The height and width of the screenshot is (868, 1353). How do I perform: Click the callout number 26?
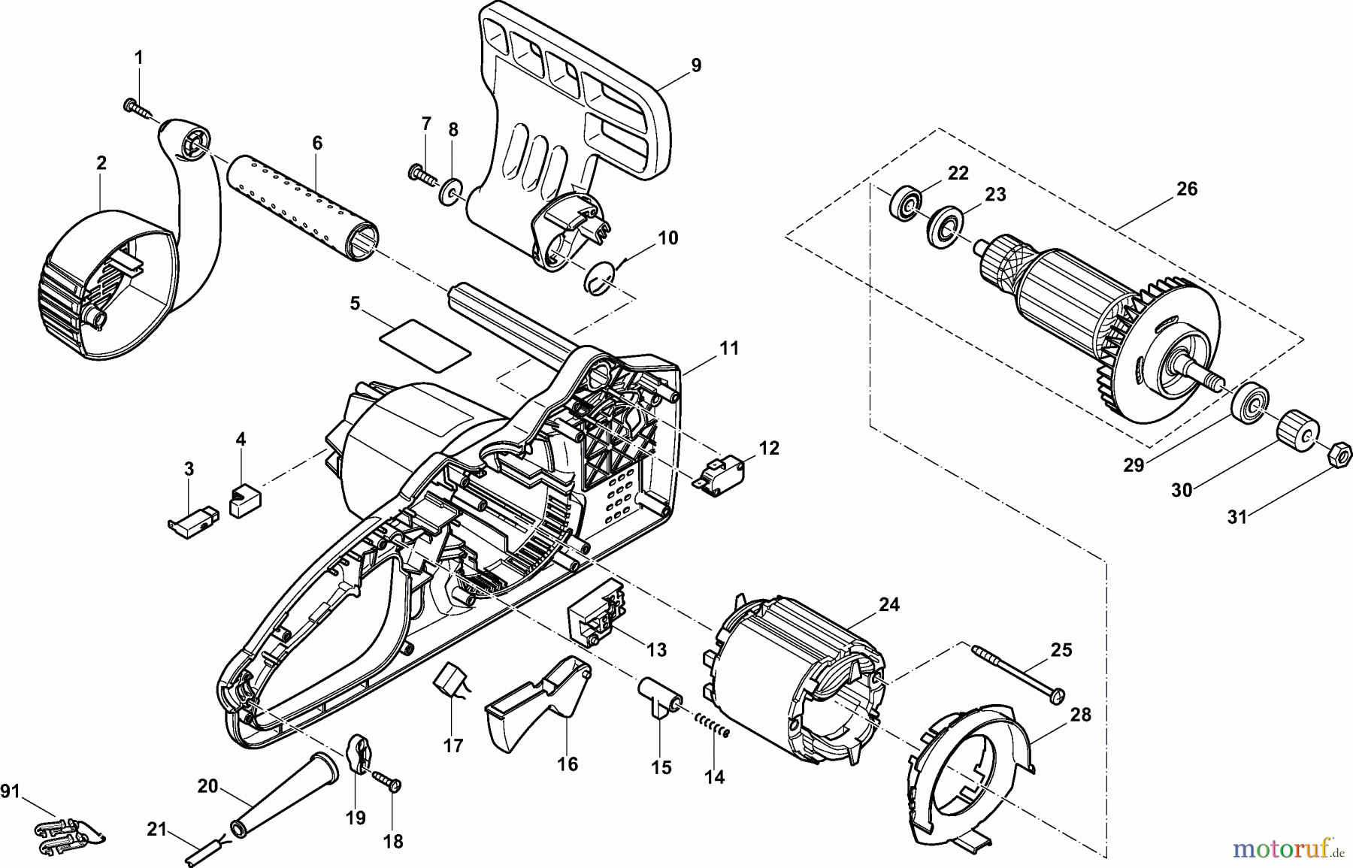[1186, 189]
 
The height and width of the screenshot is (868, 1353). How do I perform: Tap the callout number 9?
[696, 65]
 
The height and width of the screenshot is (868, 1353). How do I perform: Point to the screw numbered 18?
[391, 785]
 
